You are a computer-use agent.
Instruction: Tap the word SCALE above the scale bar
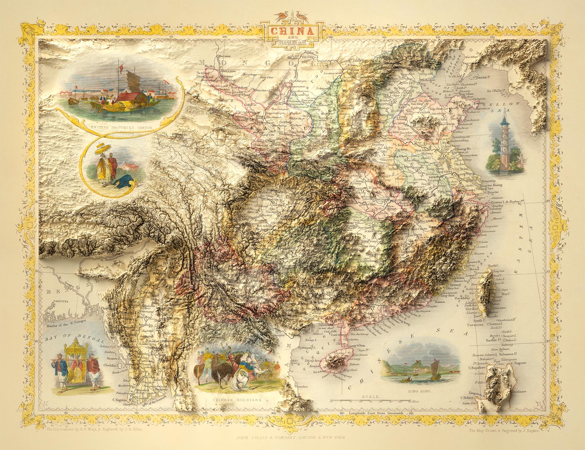[x=371, y=397]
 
